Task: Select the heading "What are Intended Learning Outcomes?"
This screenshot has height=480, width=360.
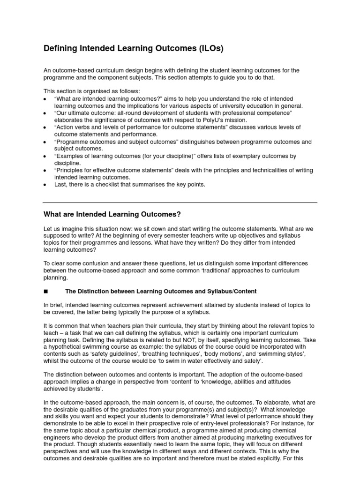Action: click(112, 214)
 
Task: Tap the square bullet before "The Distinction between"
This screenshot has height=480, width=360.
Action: click(45, 292)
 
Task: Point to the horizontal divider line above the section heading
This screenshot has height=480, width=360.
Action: click(180, 202)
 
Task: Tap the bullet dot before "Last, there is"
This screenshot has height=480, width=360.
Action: click(45, 185)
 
